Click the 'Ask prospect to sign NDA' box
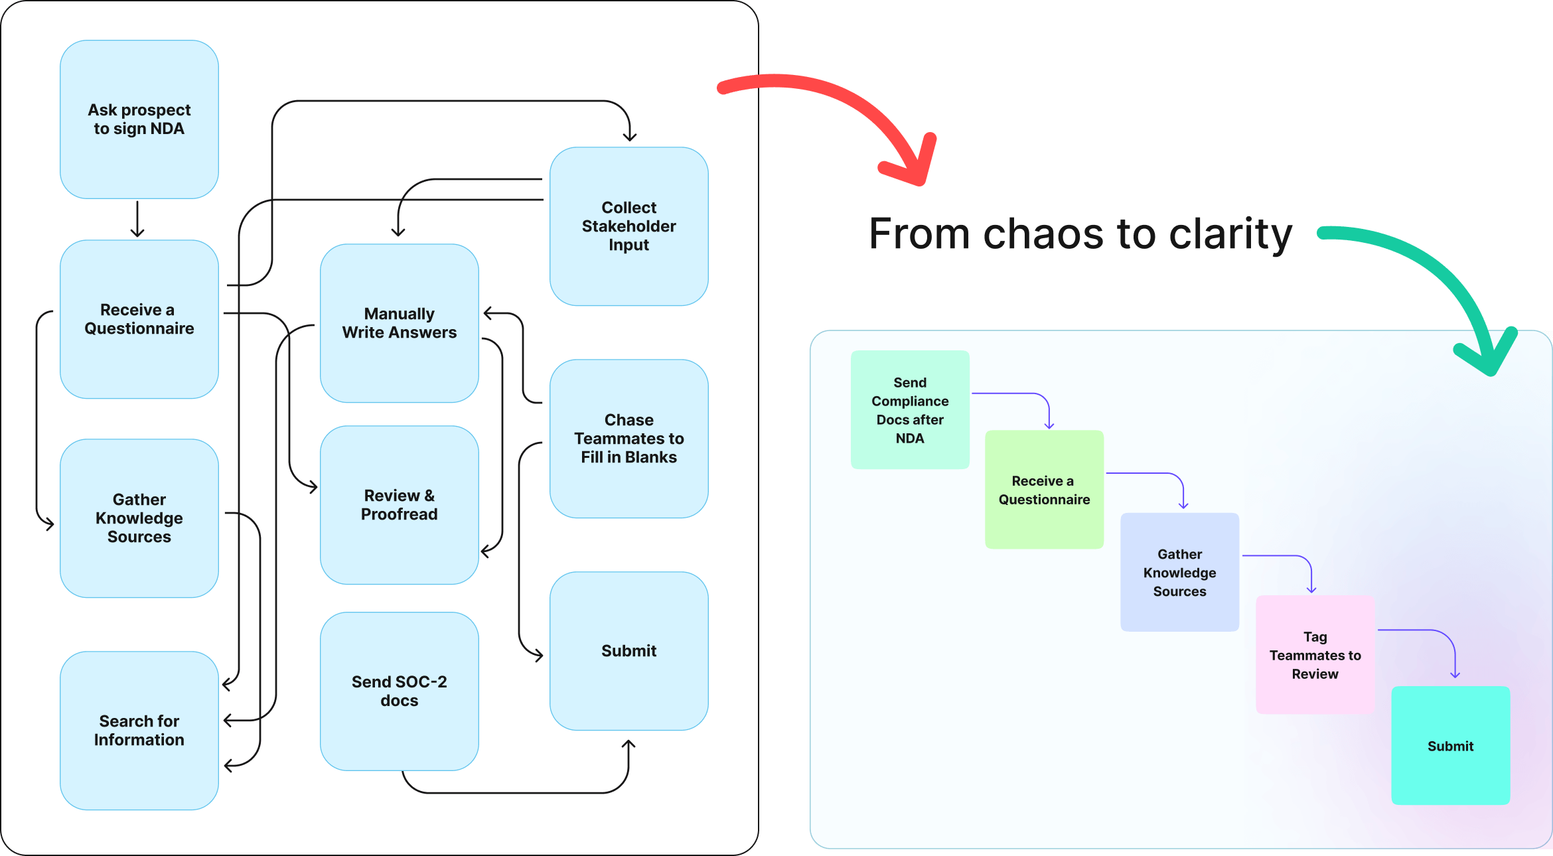pyautogui.click(x=139, y=119)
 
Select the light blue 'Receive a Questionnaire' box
pyautogui.click(x=139, y=319)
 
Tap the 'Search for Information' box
pyautogui.click(x=139, y=730)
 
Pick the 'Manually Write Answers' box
pyautogui.click(x=399, y=323)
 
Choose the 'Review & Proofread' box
pyautogui.click(x=399, y=505)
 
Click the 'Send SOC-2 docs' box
pyautogui.click(x=399, y=691)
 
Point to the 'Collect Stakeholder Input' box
pyautogui.click(x=629, y=226)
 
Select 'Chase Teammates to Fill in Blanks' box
pyautogui.click(x=629, y=439)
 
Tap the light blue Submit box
pyautogui.click(x=629, y=651)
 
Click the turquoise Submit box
pyautogui.click(x=1450, y=746)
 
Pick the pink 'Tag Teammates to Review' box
pyautogui.click(x=1315, y=655)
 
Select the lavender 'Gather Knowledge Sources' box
pyautogui.click(x=1179, y=572)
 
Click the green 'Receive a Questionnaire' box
pyautogui.click(x=1044, y=490)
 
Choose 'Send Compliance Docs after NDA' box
pyautogui.click(x=910, y=410)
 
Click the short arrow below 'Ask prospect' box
pyautogui.click(x=137, y=220)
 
